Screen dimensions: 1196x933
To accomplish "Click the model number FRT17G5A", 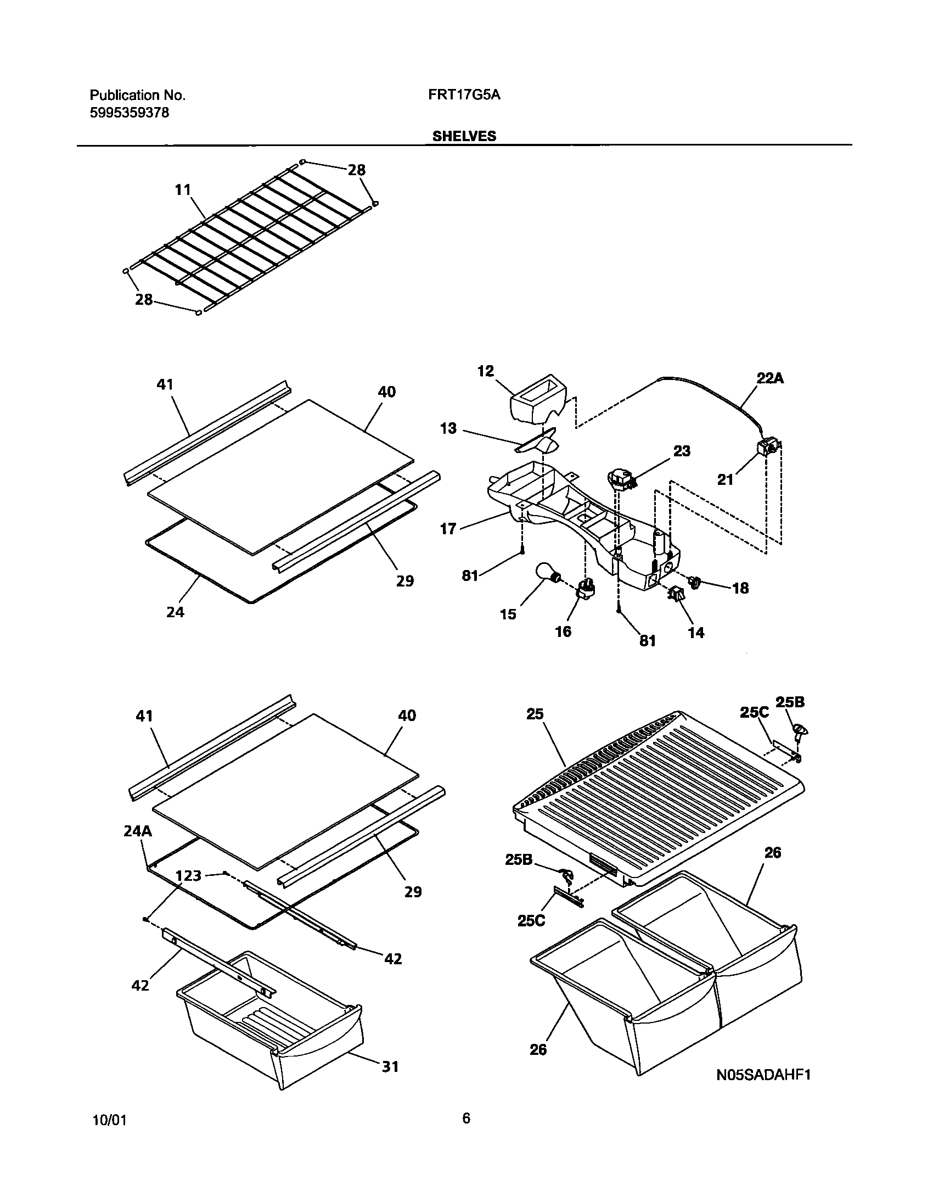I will [464, 95].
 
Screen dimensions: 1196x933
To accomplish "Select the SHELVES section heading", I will [464, 136].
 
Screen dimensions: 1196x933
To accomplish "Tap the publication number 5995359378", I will [129, 113].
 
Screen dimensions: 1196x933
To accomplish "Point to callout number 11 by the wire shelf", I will [183, 190].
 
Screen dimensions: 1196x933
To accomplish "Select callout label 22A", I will [770, 378].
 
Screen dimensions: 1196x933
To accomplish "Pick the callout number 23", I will [682, 451].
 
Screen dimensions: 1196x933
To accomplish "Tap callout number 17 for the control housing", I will [448, 528].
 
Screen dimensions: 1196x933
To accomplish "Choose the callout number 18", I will [740, 588].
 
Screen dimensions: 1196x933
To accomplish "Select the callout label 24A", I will [137, 831].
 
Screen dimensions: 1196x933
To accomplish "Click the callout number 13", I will [448, 428].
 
